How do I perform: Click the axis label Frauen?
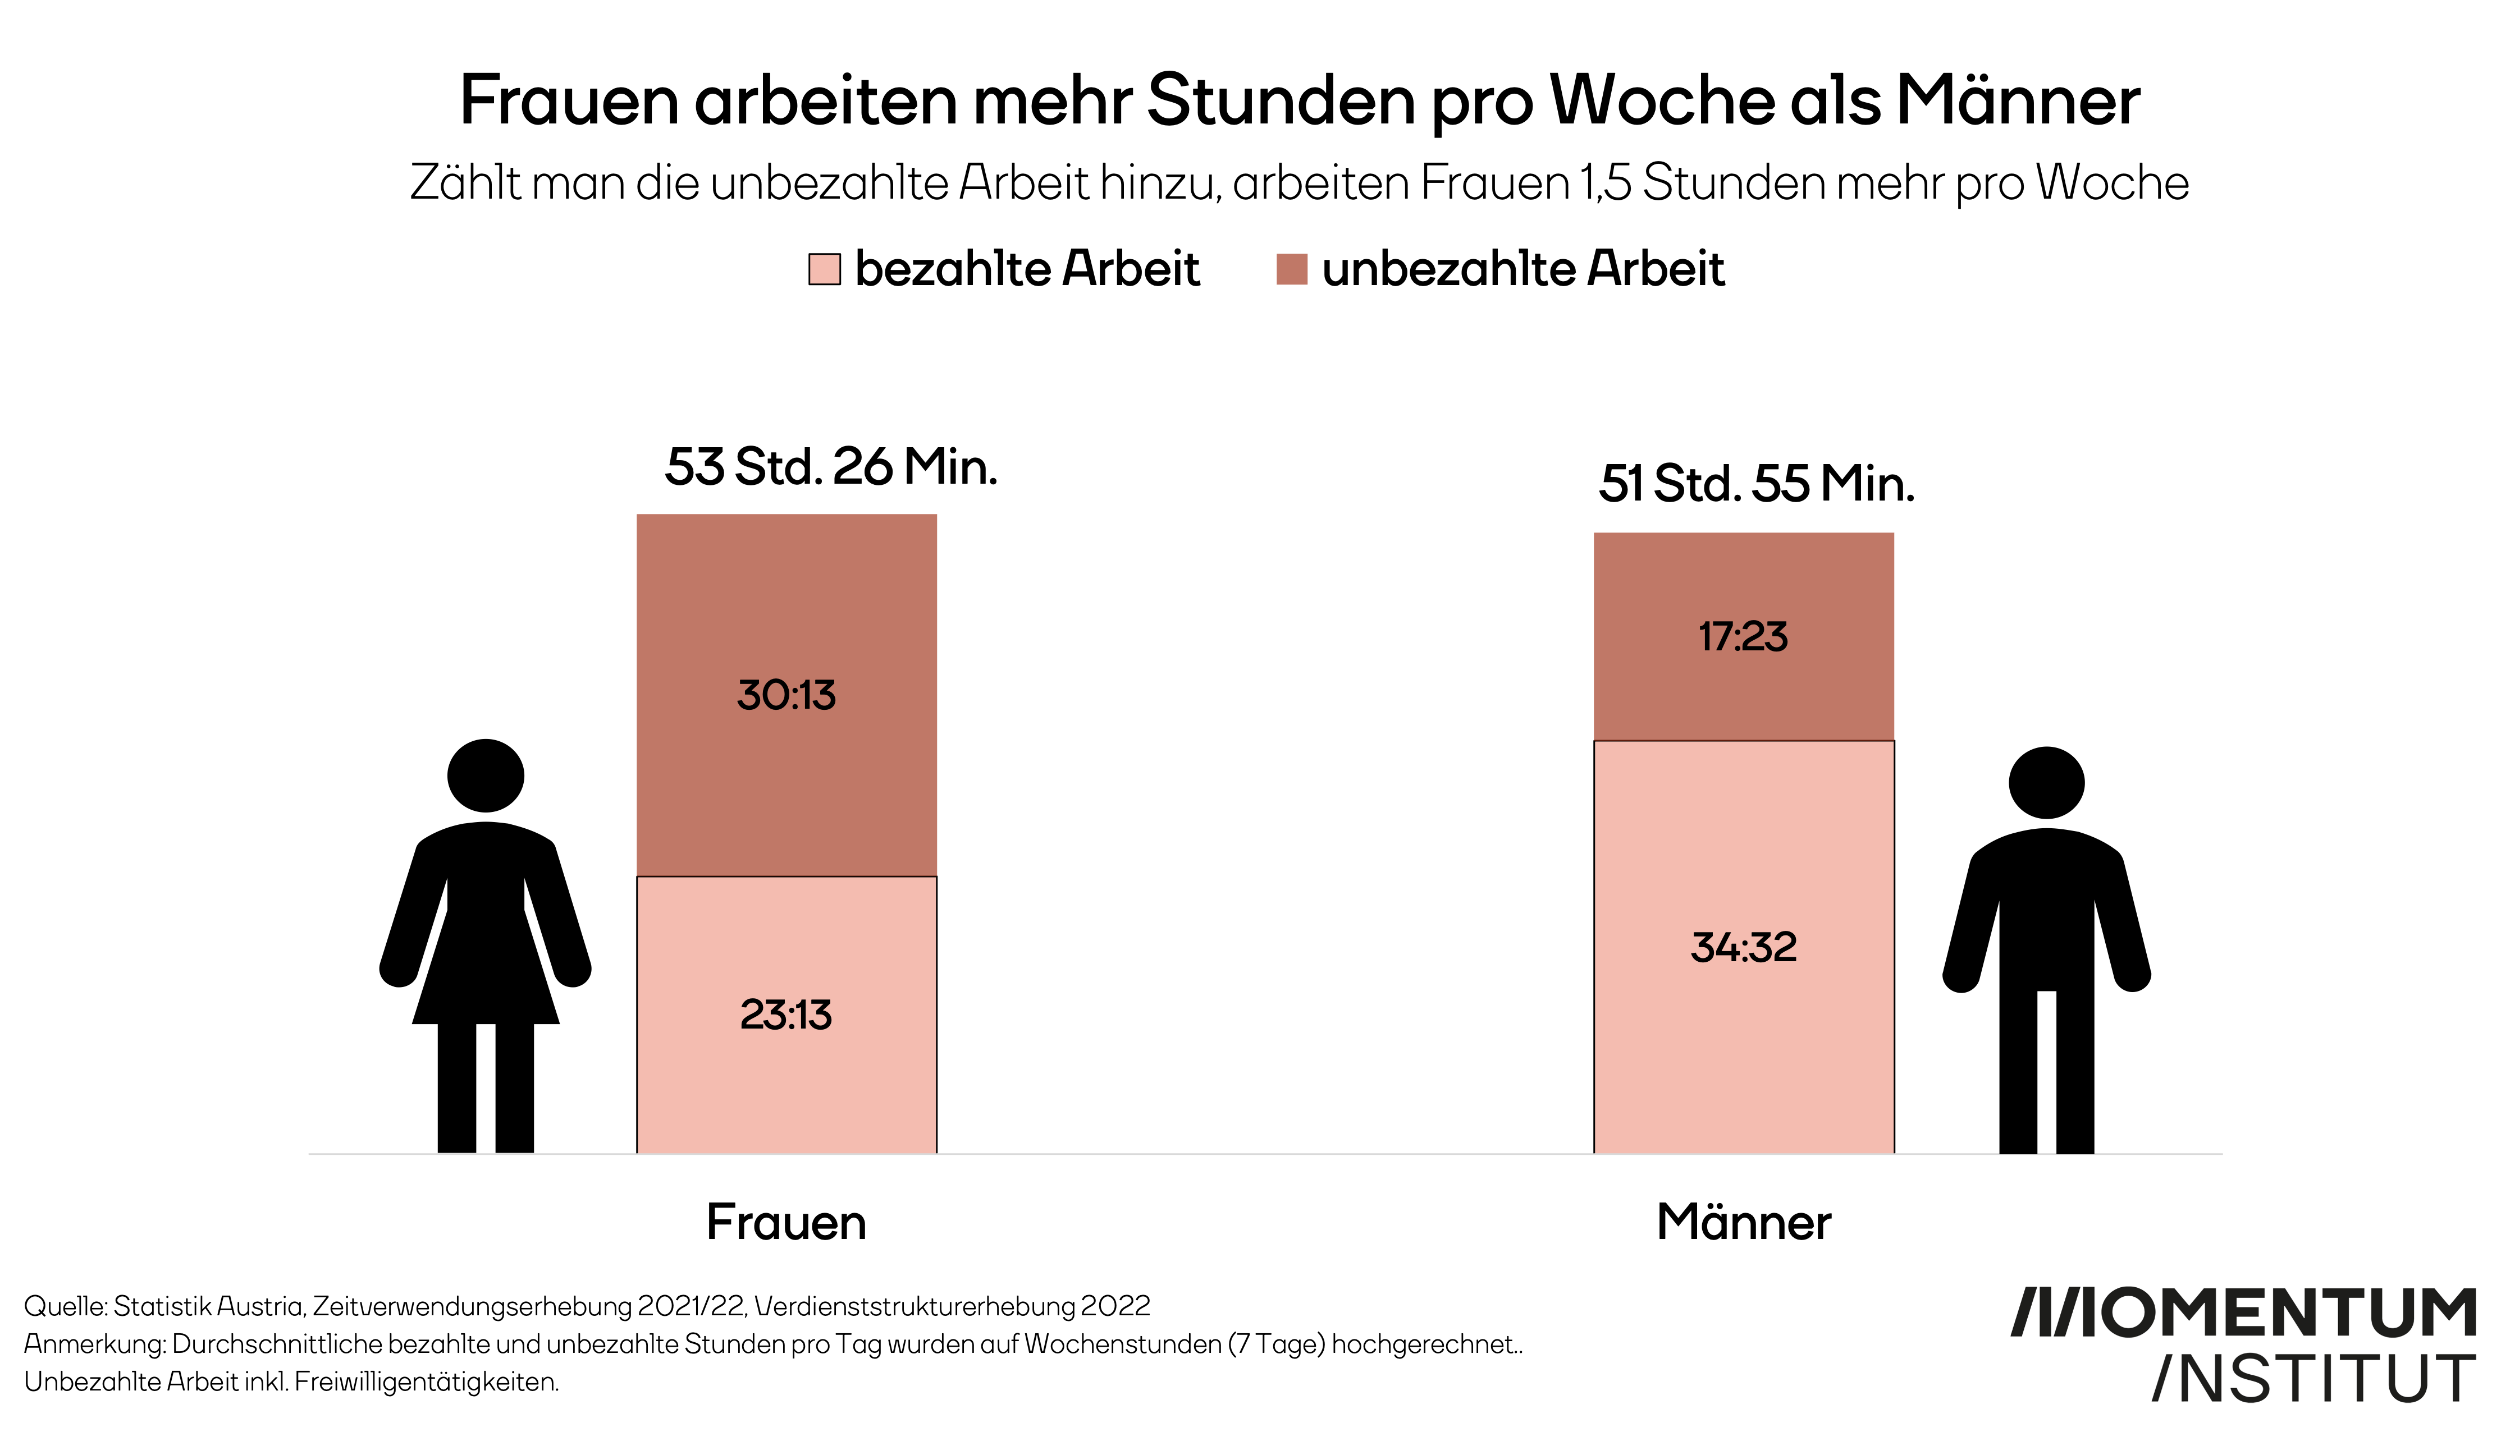(x=786, y=1223)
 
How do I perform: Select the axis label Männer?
(x=1744, y=1223)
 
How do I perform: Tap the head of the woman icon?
(x=485, y=775)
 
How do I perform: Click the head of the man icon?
(x=2046, y=783)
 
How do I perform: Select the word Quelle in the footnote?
(x=64, y=1306)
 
